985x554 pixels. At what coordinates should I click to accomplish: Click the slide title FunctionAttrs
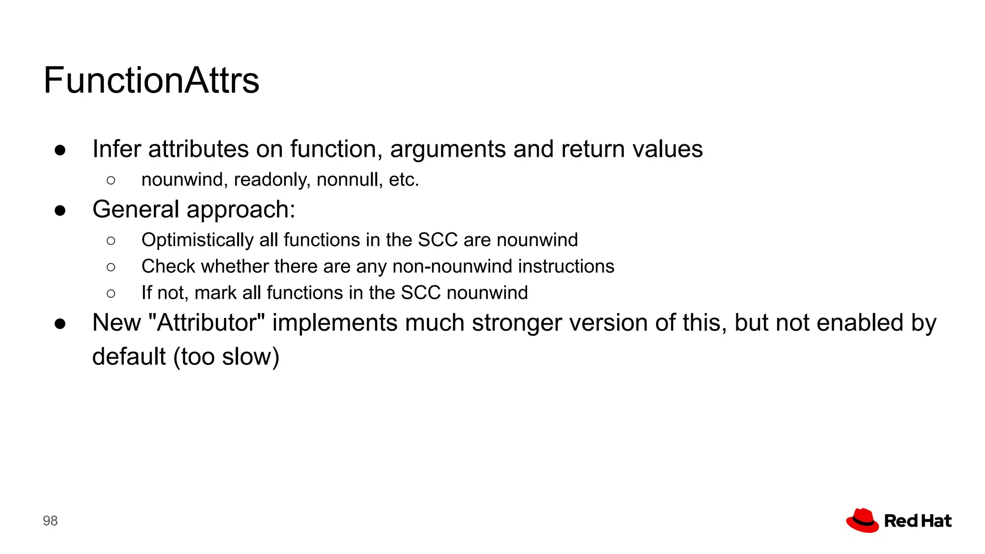pos(151,80)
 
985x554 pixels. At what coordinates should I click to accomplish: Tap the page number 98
pos(50,521)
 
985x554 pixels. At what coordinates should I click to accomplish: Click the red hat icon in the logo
pos(862,520)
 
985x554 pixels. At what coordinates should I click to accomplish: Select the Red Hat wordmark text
pos(918,521)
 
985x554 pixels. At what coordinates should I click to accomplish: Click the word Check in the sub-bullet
pos(168,266)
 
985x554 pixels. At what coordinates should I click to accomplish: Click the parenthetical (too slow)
pos(227,357)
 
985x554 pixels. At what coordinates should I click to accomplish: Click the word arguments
pos(447,149)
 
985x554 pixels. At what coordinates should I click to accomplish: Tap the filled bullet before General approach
pos(60,211)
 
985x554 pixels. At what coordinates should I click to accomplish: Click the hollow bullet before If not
pos(111,293)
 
